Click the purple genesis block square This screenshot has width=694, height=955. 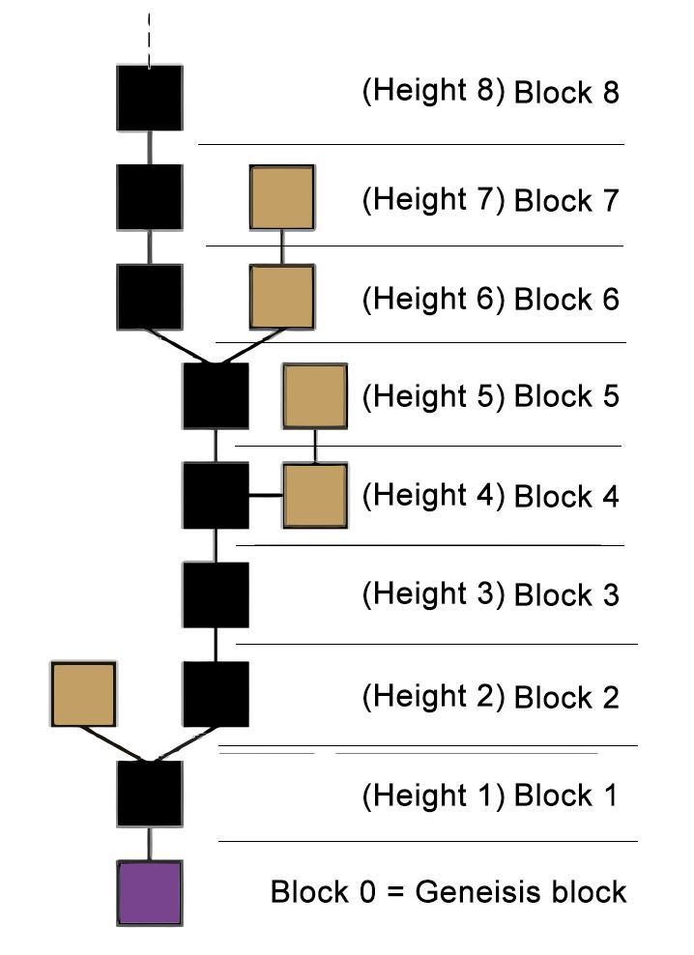(x=150, y=893)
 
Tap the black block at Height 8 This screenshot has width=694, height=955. (x=150, y=98)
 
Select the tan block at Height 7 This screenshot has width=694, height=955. (x=281, y=197)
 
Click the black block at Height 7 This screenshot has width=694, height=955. (x=150, y=197)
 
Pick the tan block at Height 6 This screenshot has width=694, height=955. (x=281, y=296)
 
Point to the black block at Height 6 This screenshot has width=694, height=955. (x=150, y=296)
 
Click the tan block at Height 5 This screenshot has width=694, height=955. (x=315, y=395)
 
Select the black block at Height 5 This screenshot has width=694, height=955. (x=216, y=395)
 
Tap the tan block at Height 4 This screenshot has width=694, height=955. (x=315, y=495)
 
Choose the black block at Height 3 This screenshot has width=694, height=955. (x=216, y=594)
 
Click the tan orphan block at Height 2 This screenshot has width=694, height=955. (x=83, y=694)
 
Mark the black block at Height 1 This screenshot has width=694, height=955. (x=150, y=794)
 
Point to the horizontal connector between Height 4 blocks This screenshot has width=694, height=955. (x=266, y=495)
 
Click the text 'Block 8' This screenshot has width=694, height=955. (x=565, y=94)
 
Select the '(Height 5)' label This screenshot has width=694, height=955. (x=433, y=395)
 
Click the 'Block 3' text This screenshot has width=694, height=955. (x=565, y=594)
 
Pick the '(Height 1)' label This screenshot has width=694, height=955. (x=433, y=796)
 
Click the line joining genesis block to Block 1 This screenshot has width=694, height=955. (x=150, y=844)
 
